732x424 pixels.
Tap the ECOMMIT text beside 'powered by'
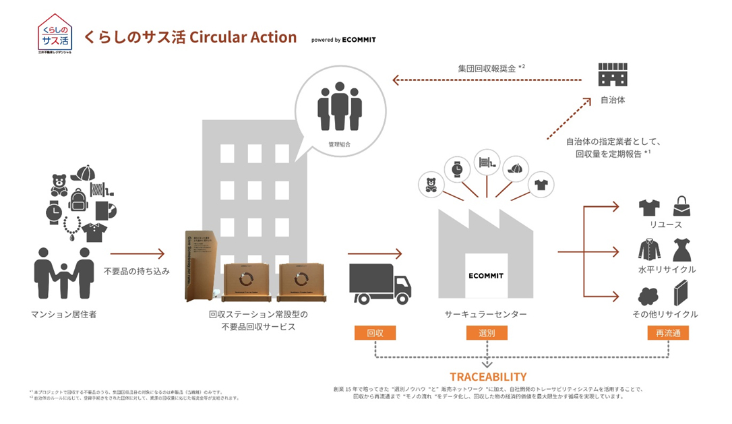pyautogui.click(x=359, y=40)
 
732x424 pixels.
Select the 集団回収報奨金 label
pyautogui.click(x=487, y=68)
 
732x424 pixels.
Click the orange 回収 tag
pyautogui.click(x=375, y=333)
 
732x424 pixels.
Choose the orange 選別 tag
pyautogui.click(x=486, y=333)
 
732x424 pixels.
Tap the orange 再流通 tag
pyautogui.click(x=668, y=333)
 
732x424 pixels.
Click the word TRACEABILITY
pyautogui.click(x=487, y=376)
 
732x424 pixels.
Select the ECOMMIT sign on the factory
pyautogui.click(x=486, y=276)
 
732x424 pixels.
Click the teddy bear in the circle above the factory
pyautogui.click(x=431, y=184)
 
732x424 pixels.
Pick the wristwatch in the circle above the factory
pyautogui.click(x=458, y=168)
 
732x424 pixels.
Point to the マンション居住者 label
pyautogui.click(x=64, y=314)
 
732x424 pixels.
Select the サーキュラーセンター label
pyautogui.click(x=485, y=314)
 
